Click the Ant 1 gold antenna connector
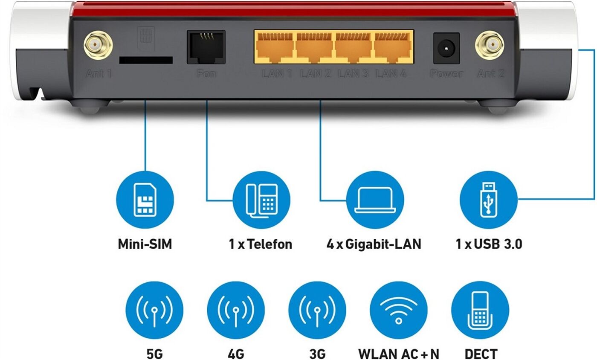98,45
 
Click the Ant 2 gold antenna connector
490,45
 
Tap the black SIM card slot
146,60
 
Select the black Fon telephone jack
206,47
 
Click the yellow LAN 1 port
275,47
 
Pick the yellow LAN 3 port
354,47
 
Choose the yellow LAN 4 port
393,47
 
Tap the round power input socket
446,49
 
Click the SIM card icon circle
145,200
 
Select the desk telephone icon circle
261,200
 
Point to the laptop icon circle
375,200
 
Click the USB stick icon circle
489,200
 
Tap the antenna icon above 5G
154,311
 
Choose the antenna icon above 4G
236,311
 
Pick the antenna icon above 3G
317,311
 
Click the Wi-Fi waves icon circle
398,311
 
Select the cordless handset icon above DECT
480,311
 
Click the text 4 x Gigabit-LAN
374,244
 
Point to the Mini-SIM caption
145,244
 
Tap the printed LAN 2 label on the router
316,73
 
